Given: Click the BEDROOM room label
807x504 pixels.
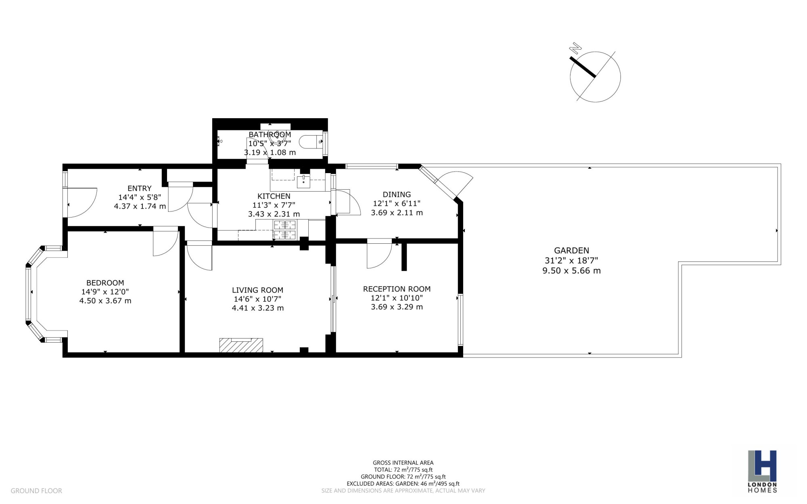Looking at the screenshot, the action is click(x=105, y=283).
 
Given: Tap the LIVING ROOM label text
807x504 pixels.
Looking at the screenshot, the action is click(x=257, y=290).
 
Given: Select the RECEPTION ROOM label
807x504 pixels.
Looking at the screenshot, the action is click(x=397, y=289).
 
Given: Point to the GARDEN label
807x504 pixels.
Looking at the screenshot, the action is click(x=571, y=251).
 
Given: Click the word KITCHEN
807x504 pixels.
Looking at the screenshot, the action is click(x=274, y=197).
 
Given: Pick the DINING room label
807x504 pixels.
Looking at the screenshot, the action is click(x=397, y=194).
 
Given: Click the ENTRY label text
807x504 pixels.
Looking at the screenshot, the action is click(x=140, y=188).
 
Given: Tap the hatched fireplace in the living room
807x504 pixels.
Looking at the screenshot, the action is click(x=241, y=345).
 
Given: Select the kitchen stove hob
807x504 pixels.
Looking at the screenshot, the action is click(x=285, y=230).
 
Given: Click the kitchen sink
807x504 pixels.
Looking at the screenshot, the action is click(x=303, y=182).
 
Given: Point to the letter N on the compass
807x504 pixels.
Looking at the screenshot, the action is click(x=575, y=48).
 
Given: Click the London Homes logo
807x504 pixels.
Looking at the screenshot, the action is click(x=762, y=471).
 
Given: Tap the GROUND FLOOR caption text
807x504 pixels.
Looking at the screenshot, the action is click(x=36, y=491).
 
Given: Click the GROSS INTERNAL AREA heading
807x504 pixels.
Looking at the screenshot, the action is click(x=403, y=463).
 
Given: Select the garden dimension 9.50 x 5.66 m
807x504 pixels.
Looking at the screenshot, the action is click(x=571, y=271).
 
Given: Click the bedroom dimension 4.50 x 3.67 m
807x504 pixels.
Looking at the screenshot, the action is click(x=105, y=301).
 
